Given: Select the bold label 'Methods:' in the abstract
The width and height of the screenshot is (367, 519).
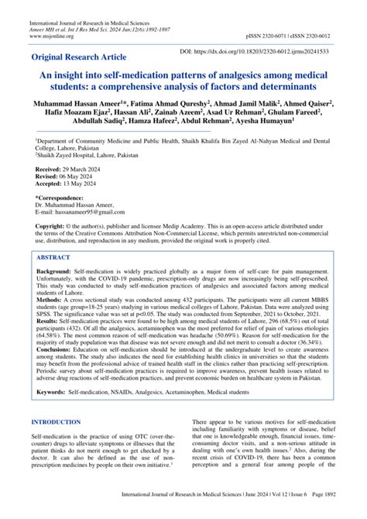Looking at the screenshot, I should [x=48, y=311].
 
